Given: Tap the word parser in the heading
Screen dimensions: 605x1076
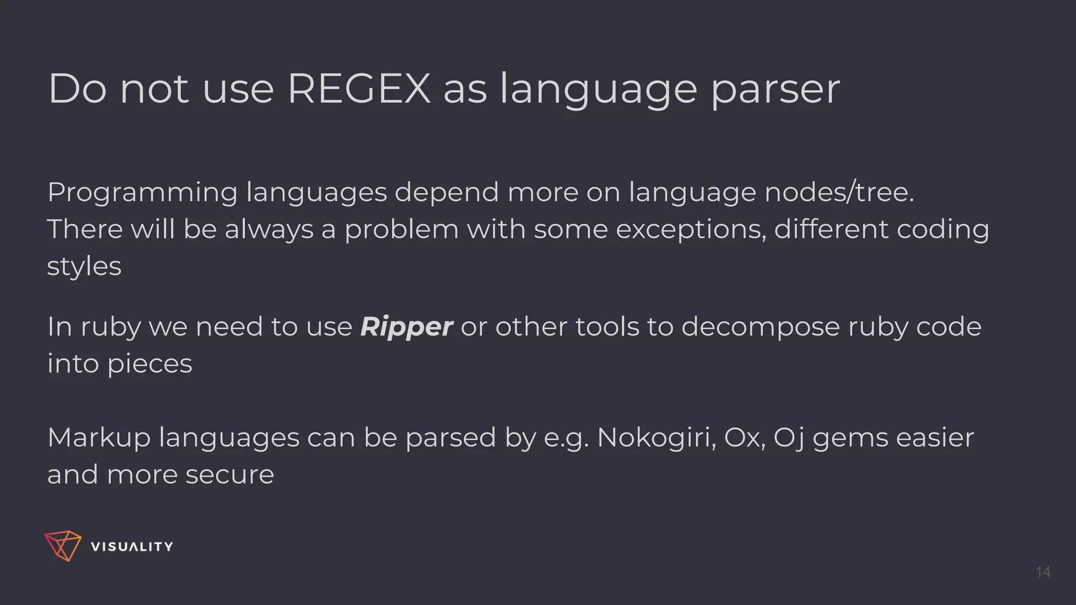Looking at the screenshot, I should coord(775,90).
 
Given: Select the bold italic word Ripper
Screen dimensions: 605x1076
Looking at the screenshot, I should coord(406,327).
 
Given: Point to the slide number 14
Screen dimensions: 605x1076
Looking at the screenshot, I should coord(1043,572).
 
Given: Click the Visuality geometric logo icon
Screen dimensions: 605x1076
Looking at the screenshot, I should coord(63,546).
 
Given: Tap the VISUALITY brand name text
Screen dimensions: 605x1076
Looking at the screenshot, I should coord(132,547).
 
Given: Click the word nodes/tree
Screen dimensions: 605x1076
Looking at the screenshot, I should coord(839,192).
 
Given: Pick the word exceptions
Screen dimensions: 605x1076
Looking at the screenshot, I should coord(690,230).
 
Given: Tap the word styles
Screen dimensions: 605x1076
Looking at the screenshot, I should coord(84,266).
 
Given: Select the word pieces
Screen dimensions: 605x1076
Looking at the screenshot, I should coord(150,364).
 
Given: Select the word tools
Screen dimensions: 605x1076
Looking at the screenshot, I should coord(607,327).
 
